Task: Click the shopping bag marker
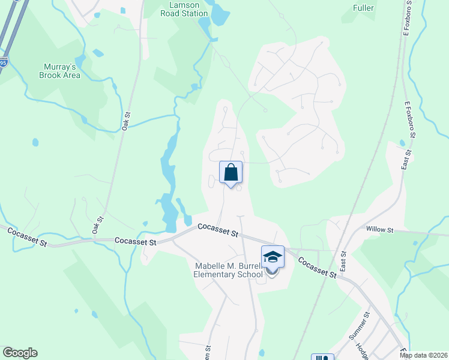[231, 173]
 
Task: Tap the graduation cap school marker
[273, 257]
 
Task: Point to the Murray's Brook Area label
[59, 71]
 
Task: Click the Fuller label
[364, 8]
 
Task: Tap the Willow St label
[379, 230]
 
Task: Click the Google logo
[20, 353]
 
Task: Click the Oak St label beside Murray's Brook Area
[126, 121]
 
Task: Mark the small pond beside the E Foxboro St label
[402, 143]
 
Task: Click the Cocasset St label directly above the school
[218, 229]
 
